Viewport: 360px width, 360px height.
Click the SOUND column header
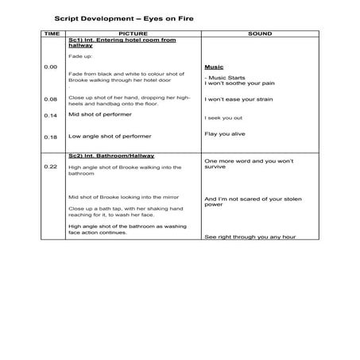pyautogui.click(x=259, y=34)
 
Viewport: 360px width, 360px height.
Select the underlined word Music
pyautogui.click(x=215, y=68)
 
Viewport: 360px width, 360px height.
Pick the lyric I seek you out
pyautogui.click(x=223, y=118)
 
